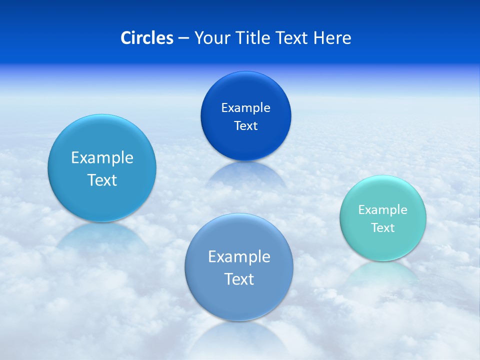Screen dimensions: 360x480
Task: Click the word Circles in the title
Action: click(x=147, y=38)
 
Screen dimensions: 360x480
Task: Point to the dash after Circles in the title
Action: click(x=183, y=38)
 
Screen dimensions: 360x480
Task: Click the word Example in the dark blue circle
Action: click(x=245, y=107)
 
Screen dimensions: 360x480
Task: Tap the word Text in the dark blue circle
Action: click(x=245, y=125)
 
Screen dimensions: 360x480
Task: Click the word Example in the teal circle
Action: click(x=383, y=209)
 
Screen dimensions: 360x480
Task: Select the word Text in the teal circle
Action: click(x=383, y=227)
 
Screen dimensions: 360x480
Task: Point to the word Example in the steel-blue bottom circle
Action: click(x=239, y=256)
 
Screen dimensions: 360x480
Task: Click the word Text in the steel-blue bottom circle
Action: click(x=239, y=279)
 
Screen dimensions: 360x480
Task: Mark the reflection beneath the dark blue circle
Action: click(x=245, y=175)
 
